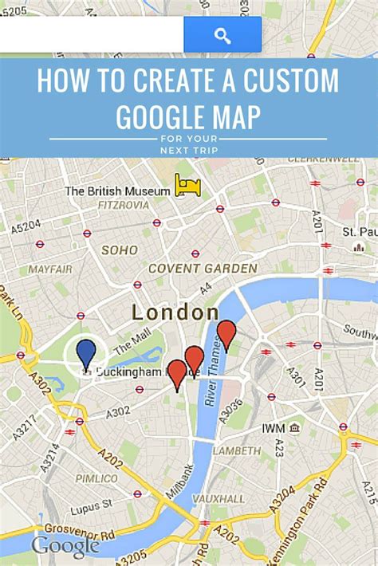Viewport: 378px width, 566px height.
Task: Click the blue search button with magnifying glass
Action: tap(222, 35)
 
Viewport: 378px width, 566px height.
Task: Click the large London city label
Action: tap(175, 312)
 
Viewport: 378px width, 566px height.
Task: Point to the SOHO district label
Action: tap(120, 250)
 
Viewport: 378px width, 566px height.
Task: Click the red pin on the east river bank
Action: tap(226, 333)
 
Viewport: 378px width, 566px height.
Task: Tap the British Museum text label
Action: tap(117, 191)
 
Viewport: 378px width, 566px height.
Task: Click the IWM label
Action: tap(273, 428)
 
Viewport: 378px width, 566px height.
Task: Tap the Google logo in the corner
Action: tap(65, 545)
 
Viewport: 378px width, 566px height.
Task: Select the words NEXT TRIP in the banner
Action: tap(188, 149)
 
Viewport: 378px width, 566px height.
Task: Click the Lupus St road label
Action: tap(89, 508)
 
